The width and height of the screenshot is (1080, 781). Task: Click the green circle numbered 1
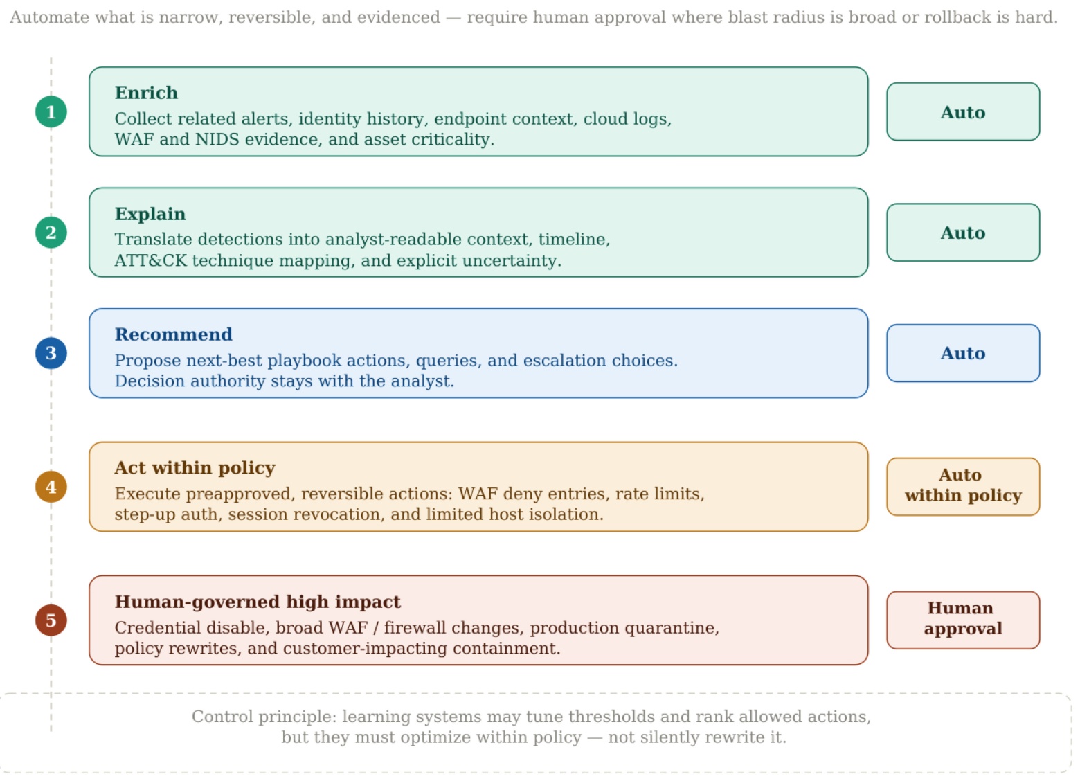coord(51,112)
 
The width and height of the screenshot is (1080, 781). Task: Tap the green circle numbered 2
coord(51,233)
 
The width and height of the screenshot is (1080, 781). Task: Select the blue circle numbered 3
coord(51,353)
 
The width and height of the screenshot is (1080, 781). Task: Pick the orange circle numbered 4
coord(51,487)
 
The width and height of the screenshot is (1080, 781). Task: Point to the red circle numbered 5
coord(51,620)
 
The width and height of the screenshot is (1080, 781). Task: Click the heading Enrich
coord(146,93)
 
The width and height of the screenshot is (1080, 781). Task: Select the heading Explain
coord(150,214)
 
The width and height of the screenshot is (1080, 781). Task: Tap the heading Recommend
coord(174,334)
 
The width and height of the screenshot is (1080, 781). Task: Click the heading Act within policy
coord(195,467)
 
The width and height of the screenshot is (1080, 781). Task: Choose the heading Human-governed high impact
coord(258,602)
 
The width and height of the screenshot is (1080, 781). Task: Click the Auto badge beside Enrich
coord(963,112)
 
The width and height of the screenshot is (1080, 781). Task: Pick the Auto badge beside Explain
coord(963,233)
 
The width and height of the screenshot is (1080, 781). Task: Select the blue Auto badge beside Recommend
coord(963,353)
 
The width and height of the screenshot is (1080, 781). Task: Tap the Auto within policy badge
coord(963,487)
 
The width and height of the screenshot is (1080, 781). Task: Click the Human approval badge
coord(963,620)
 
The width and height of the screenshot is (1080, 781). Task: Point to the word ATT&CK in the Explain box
coord(150,260)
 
